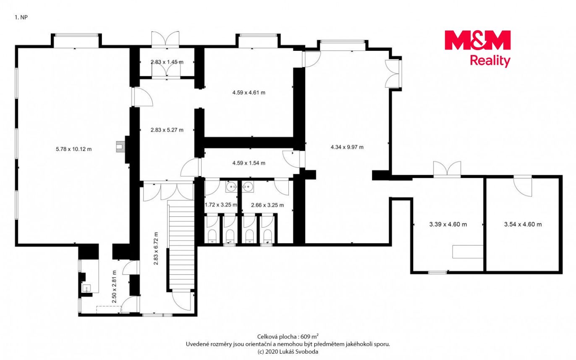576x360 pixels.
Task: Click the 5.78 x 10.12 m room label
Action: (74, 149)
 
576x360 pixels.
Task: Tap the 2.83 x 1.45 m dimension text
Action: (167, 62)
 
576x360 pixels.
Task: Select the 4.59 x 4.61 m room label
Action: (249, 93)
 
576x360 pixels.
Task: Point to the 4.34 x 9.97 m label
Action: (347, 147)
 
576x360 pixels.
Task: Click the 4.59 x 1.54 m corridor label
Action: (249, 163)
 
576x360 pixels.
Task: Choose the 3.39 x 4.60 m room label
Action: (448, 224)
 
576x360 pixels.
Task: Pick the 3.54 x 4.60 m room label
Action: (523, 224)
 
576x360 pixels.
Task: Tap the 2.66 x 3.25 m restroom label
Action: (267, 205)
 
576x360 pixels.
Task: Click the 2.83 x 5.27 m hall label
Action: (167, 130)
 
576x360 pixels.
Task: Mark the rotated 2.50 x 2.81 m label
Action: (114, 286)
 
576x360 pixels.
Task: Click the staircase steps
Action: (181, 244)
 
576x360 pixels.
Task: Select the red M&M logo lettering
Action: (477, 40)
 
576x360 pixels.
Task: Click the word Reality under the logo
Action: (490, 61)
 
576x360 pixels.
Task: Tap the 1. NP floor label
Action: (21, 17)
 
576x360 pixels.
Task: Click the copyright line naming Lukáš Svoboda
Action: (288, 352)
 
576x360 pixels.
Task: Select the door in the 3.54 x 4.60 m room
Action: (523, 187)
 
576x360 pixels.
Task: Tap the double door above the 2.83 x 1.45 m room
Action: (165, 39)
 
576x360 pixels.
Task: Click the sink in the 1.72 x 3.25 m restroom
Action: (231, 186)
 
